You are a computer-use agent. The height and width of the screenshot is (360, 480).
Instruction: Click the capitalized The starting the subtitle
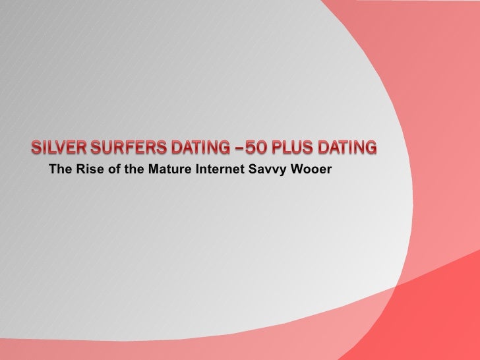click(59, 173)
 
